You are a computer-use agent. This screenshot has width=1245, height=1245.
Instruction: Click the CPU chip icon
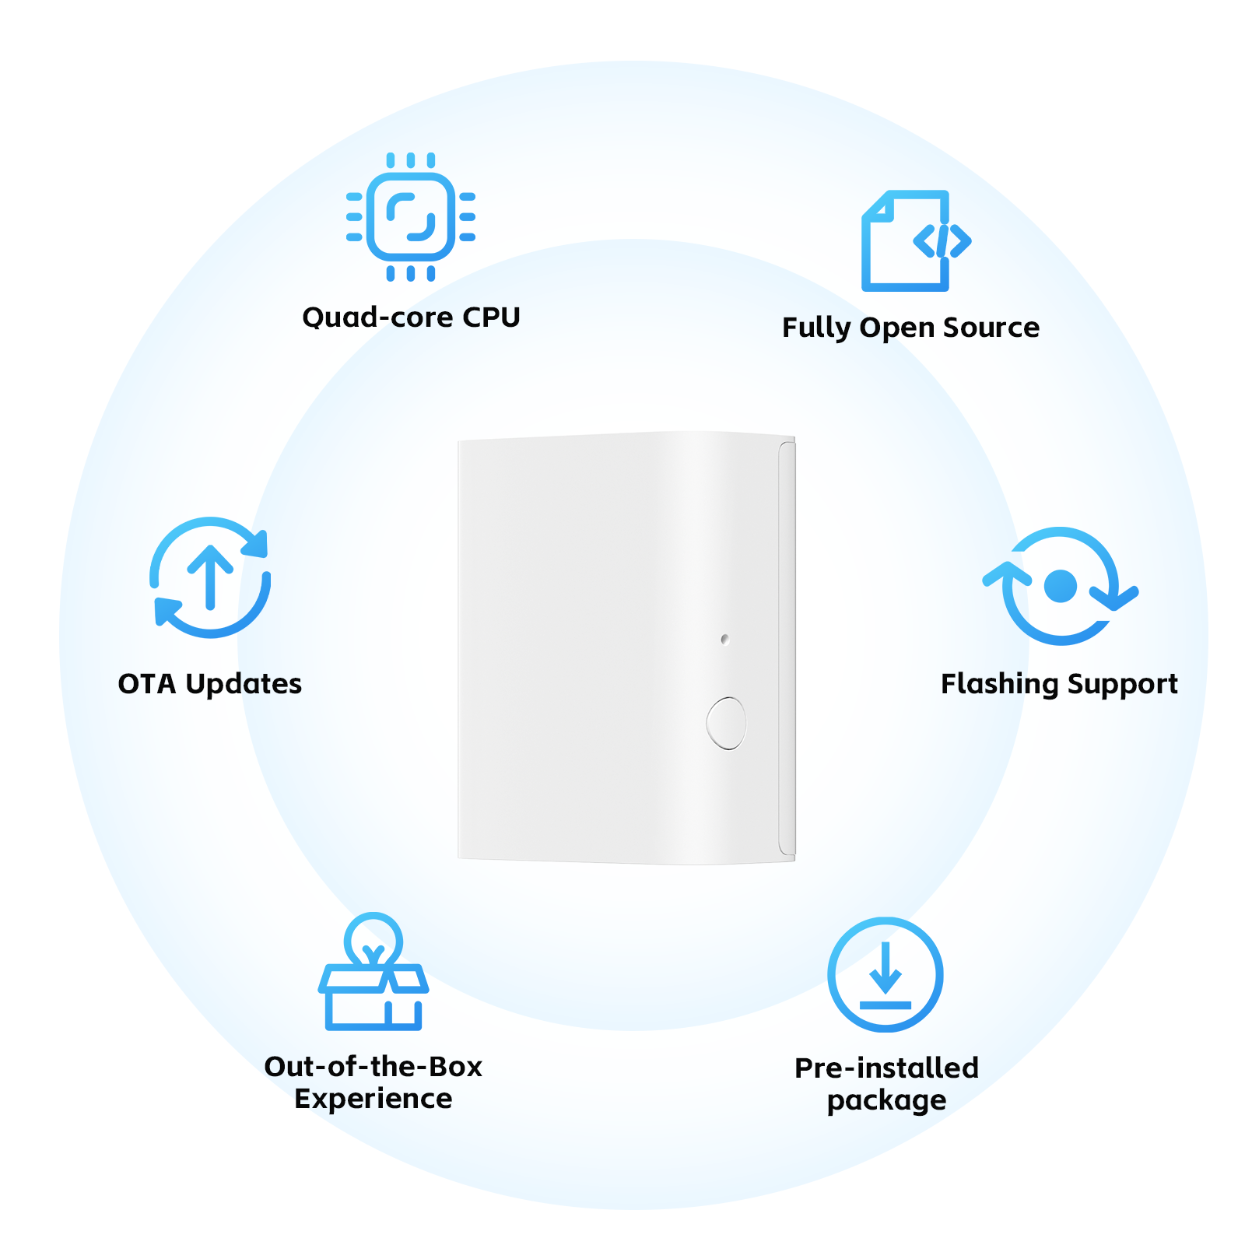(411, 216)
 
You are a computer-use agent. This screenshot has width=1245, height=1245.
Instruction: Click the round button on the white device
(726, 723)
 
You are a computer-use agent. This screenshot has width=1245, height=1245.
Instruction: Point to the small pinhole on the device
(724, 639)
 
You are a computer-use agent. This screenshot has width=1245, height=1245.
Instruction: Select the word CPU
(491, 317)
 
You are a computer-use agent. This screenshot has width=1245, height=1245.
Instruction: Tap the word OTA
(147, 684)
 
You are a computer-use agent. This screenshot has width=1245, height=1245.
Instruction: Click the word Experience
(373, 1099)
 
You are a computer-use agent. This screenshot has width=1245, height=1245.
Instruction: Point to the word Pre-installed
(886, 1068)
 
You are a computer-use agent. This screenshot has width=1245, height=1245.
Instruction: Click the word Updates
(244, 685)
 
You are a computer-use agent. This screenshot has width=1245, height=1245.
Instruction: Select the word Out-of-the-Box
(373, 1067)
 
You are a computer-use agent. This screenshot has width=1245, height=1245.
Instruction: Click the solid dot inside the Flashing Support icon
(1061, 586)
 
